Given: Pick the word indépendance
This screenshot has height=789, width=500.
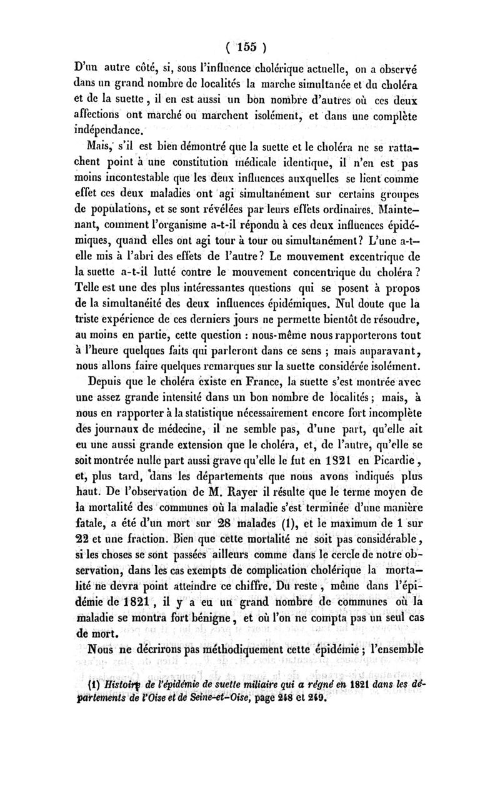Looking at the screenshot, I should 107,131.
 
